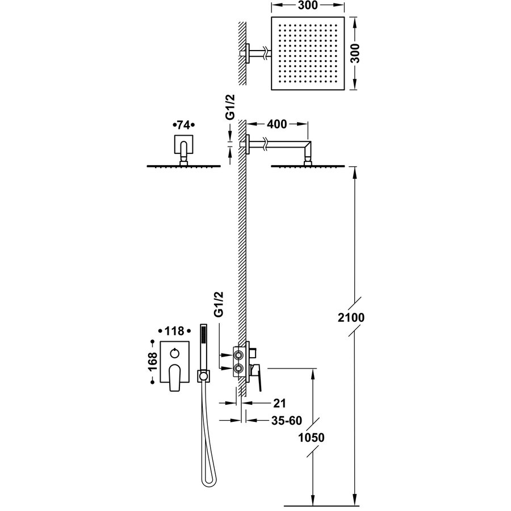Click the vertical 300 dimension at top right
tap(356, 53)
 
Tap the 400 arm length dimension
tap(275, 124)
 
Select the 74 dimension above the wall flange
tap(183, 124)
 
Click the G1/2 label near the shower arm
tap(231, 107)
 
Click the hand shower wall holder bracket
tap(203, 375)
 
